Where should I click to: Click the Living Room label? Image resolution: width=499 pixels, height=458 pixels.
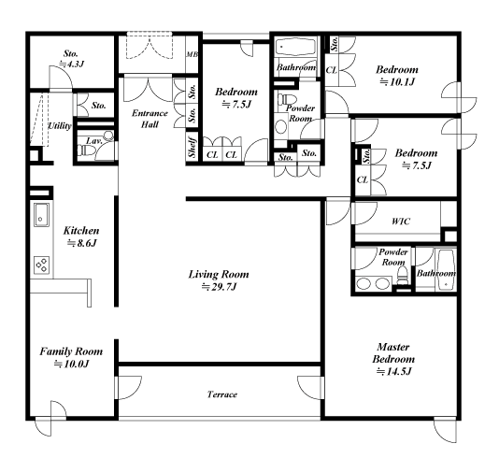219,275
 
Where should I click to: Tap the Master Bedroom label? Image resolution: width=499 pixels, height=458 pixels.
393,353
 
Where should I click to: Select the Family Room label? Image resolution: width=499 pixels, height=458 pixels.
71,351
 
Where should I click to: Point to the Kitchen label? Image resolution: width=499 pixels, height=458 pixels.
81,231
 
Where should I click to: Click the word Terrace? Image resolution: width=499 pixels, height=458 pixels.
222,394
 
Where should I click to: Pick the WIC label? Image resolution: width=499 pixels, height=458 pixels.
401,222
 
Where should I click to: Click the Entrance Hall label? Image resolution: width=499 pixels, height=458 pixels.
150,119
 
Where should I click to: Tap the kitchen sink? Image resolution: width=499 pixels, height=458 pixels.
41,215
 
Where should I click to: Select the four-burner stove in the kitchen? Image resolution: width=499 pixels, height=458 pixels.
42,265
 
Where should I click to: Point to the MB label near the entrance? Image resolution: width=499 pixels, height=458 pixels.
192,54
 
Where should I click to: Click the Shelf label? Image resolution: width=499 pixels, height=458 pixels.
192,147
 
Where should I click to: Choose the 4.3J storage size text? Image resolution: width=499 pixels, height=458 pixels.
72,64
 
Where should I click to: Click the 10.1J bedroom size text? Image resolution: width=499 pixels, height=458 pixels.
397,82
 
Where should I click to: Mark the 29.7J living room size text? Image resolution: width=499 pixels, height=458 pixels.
220,287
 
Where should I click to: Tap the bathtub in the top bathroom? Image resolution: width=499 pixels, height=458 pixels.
295,47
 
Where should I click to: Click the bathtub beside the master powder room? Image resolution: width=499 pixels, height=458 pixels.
446,270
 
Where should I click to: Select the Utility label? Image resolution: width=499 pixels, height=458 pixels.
59,126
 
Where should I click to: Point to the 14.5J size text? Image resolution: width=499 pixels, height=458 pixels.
394,371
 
